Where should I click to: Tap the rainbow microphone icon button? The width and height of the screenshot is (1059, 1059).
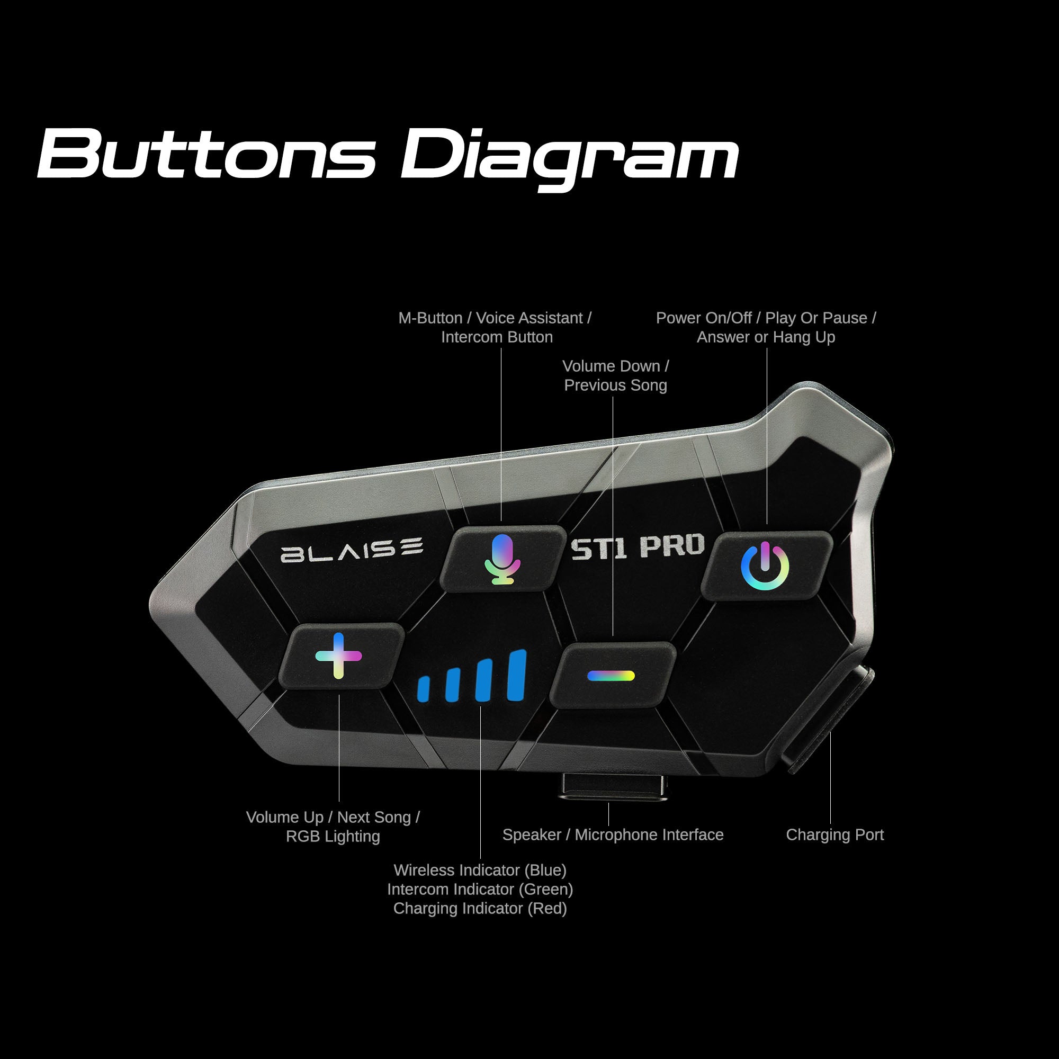[x=502, y=560]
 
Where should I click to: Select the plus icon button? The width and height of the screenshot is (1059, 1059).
[x=339, y=656]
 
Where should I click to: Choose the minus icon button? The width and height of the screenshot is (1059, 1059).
[x=611, y=676]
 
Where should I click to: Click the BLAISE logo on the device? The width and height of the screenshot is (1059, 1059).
[x=352, y=550]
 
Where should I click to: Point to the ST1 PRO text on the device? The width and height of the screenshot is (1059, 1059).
[x=638, y=546]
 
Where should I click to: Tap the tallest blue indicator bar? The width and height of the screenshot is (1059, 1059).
[x=517, y=676]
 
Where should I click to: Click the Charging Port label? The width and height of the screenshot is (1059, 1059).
[x=834, y=834]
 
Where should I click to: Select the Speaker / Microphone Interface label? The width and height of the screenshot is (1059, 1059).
[x=613, y=834]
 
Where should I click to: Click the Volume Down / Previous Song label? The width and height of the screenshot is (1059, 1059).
[x=616, y=375]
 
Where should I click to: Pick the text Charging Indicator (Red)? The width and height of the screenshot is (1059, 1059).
[x=480, y=908]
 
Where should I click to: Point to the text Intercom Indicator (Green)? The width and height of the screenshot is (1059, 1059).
[x=480, y=889]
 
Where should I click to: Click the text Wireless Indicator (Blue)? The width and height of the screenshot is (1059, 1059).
[x=480, y=870]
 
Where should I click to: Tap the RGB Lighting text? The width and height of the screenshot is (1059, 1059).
[x=333, y=836]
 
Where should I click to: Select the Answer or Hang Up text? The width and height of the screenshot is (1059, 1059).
[x=766, y=337]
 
